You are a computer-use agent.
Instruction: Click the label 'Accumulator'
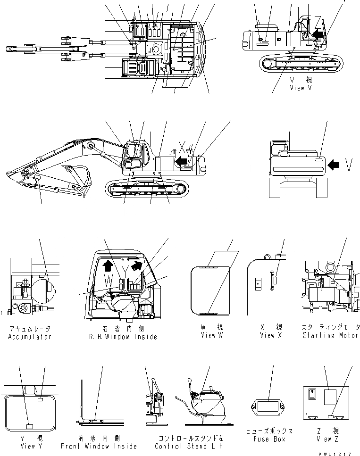[29, 337]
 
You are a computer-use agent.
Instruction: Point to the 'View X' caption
[270, 335]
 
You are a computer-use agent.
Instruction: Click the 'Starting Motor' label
[330, 335]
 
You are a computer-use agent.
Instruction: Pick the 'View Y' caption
[29, 446]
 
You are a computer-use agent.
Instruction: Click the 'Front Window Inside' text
[99, 446]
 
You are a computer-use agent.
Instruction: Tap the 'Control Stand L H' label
[188, 446]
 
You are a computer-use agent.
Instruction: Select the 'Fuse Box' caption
[269, 439]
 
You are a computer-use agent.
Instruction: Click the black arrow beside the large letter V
[334, 165]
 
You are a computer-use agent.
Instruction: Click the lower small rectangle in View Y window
[29, 426]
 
